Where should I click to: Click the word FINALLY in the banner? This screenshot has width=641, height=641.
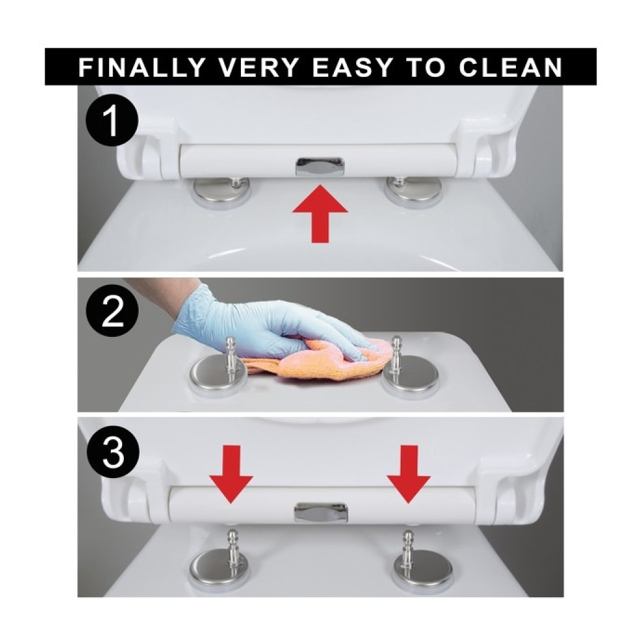click(141, 67)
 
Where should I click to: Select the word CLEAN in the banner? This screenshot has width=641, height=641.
click(510, 67)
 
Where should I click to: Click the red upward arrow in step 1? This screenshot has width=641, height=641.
click(320, 212)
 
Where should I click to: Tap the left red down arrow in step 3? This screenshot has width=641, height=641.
click(231, 474)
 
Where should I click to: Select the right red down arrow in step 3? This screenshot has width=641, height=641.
click(408, 474)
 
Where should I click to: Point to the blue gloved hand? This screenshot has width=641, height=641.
click(270, 327)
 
